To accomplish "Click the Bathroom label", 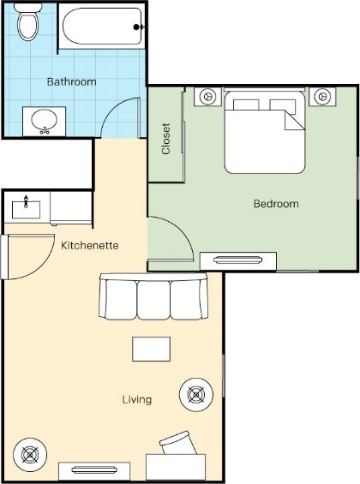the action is tap(72, 81).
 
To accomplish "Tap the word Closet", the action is tap(166, 139).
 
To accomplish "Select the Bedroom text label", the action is tap(276, 204).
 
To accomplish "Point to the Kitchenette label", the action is tap(89, 245).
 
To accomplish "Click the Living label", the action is tap(137, 399).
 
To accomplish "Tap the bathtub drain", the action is tap(136, 27).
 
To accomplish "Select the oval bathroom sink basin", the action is tap(45, 120).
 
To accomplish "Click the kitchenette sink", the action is tap(26, 209).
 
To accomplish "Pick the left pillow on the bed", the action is tap(246, 105).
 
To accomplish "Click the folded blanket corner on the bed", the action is tap(295, 121).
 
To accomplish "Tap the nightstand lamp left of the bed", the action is tap(207, 96).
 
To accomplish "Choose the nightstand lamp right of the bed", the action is tap(322, 96).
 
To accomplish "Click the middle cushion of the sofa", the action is tap(153, 300).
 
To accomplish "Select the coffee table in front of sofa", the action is tap(152, 349).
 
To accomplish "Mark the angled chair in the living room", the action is tap(178, 443).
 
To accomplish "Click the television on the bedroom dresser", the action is tap(237, 260).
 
